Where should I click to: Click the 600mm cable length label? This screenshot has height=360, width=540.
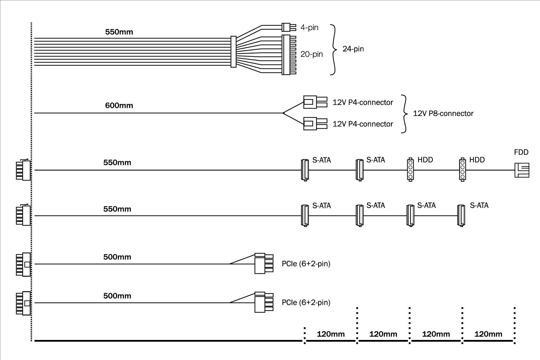point(119,106)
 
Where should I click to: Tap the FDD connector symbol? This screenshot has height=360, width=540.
point(521,170)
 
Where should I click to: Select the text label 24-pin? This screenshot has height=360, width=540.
point(353,49)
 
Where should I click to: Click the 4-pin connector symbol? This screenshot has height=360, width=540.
point(287,27)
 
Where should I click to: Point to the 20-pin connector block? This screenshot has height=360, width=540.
point(287,55)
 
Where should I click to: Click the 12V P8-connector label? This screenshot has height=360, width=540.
point(443,114)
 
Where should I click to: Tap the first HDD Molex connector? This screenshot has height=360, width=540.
point(410,170)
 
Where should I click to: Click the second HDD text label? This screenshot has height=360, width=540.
point(477,160)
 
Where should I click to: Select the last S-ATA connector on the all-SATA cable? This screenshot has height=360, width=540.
point(461,216)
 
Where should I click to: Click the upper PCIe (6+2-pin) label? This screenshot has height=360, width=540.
point(306,264)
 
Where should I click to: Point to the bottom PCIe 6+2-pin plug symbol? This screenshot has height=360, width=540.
point(263,302)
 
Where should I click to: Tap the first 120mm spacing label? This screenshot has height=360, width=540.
point(330,334)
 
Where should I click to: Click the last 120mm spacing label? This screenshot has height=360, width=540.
point(488,334)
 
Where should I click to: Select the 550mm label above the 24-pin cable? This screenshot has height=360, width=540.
point(119,32)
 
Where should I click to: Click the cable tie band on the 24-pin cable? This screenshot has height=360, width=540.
point(234,52)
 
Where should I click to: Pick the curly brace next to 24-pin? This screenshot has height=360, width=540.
point(333,50)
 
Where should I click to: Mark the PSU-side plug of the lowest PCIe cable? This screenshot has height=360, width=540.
point(23,303)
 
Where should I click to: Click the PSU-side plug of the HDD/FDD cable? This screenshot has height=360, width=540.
point(23,170)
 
